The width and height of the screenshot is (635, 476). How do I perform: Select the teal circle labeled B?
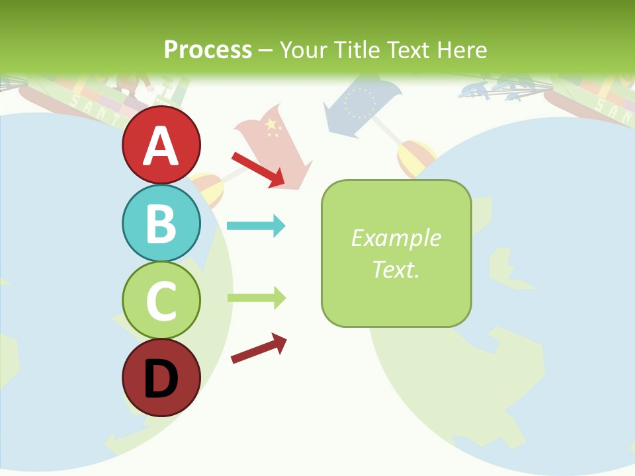coord(161,223)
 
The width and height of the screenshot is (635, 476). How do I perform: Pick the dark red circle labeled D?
coord(161,377)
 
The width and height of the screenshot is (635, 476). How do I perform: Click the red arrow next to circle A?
coord(258,169)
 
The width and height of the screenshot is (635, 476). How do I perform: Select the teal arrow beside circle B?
coord(256,226)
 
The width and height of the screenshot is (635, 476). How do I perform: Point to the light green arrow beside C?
coord(256,297)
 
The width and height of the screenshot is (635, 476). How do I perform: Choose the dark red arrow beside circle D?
coord(259,348)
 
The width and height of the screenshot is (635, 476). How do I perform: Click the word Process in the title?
coord(208,50)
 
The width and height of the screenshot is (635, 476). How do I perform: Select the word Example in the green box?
coord(396,238)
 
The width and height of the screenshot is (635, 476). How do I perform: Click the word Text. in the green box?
coord(396,269)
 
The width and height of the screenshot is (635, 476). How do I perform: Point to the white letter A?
coord(161,145)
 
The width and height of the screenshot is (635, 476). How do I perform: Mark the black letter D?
coord(161,379)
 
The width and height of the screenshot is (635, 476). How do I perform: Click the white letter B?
coord(161,224)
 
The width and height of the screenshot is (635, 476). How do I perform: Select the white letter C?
coord(161,301)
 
